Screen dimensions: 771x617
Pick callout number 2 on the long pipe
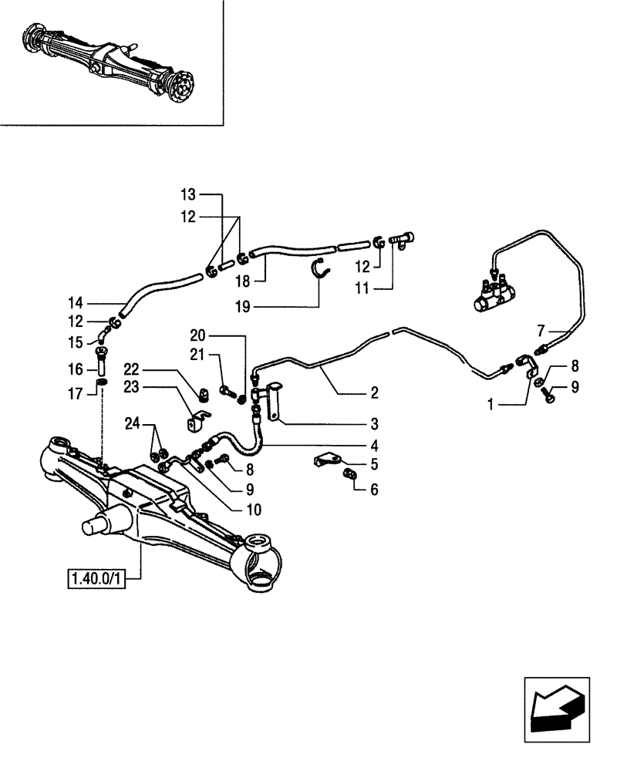[x=373, y=393]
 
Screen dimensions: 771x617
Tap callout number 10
[x=254, y=509]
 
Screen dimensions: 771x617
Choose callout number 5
[x=373, y=464]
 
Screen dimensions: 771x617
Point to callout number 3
[x=373, y=423]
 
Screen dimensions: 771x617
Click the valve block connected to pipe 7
[x=491, y=295]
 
